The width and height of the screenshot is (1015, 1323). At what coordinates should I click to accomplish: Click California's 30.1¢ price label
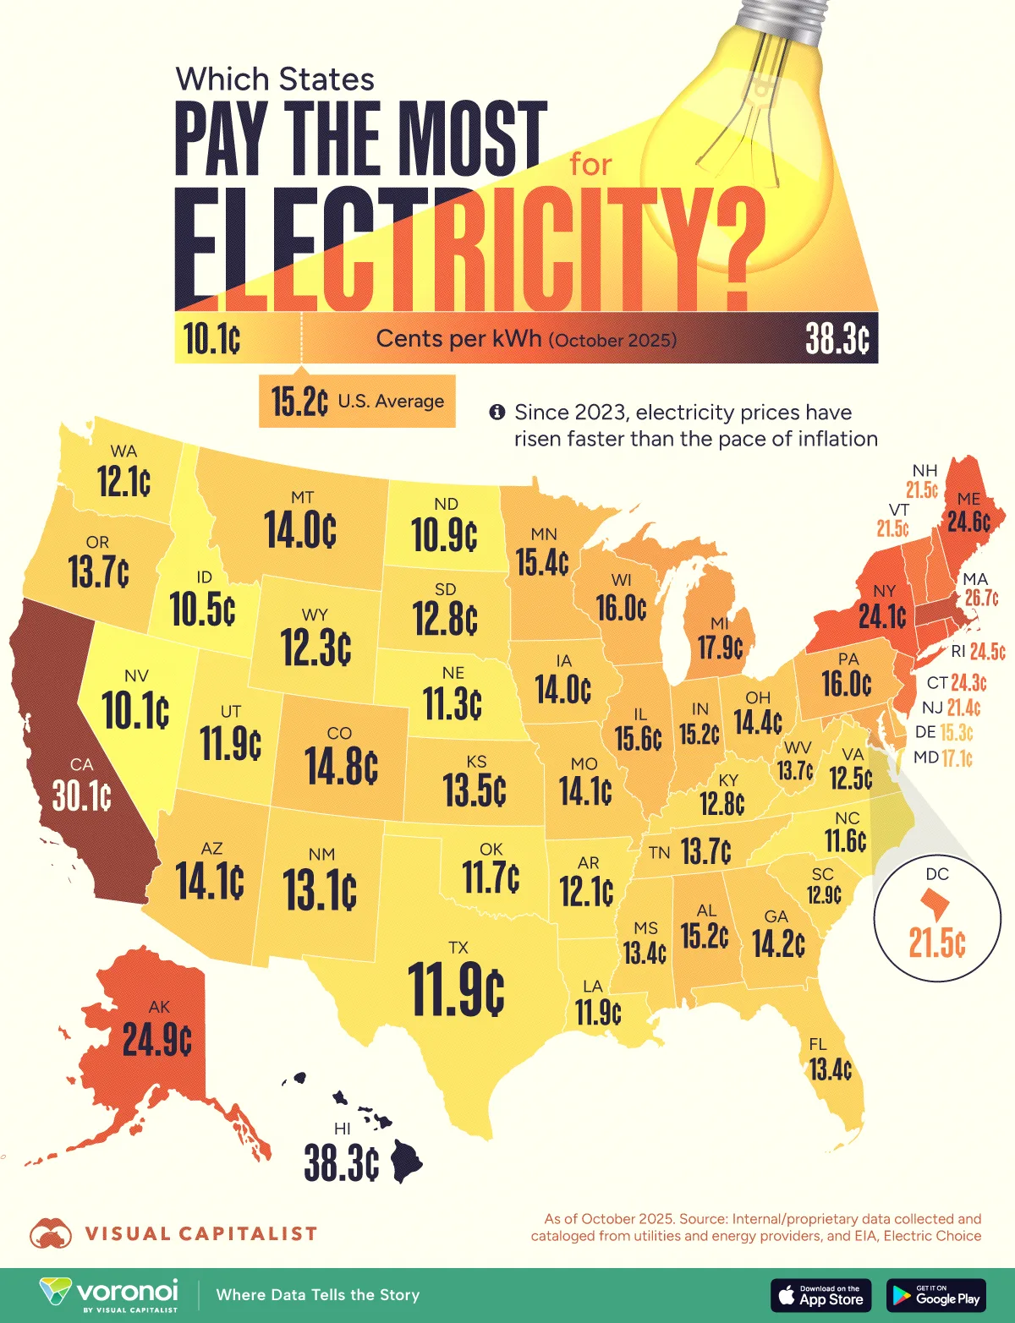[82, 795]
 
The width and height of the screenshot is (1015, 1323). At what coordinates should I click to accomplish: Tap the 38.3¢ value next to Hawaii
[342, 1164]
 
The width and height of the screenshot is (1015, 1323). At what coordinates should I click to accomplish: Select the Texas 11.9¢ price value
[456, 988]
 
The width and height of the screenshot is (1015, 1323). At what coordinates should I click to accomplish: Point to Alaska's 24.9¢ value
[157, 1039]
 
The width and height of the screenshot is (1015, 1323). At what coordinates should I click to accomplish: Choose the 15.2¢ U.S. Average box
[357, 401]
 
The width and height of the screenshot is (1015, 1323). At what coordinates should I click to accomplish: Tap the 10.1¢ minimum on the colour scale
[212, 340]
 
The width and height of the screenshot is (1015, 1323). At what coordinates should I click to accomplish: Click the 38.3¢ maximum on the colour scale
[837, 340]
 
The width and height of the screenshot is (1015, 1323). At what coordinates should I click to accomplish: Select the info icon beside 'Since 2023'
[497, 413]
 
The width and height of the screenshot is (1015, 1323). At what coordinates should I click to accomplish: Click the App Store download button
[820, 1295]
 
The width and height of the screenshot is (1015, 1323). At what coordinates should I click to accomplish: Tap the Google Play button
[935, 1295]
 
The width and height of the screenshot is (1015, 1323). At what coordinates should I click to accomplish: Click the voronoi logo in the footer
[110, 1294]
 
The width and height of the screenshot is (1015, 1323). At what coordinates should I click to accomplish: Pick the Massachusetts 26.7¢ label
[981, 598]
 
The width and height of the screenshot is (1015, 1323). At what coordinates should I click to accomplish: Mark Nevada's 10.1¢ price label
[135, 710]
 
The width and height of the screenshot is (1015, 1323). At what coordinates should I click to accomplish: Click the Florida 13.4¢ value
[831, 1069]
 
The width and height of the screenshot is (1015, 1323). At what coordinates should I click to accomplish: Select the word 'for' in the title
[590, 164]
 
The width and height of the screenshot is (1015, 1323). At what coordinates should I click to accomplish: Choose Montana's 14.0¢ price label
[300, 530]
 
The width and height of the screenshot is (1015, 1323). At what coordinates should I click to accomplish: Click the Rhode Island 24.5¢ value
[987, 652]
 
